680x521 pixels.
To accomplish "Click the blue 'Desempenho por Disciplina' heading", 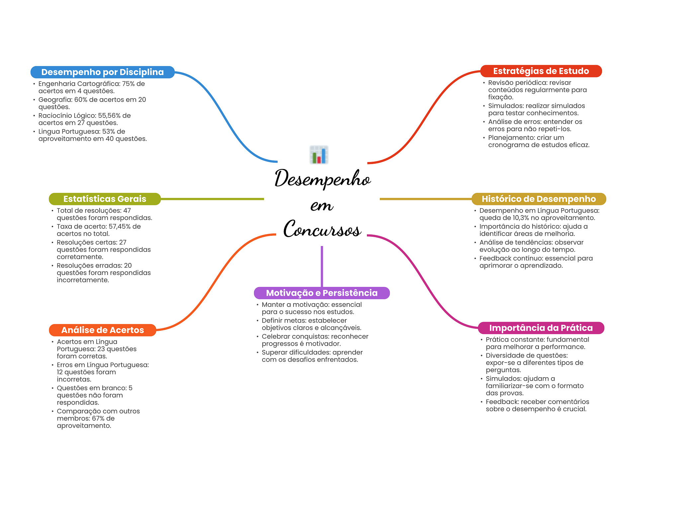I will click(102, 72).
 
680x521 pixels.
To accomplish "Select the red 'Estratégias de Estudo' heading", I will click(541, 71).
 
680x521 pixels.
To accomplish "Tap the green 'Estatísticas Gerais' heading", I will click(105, 199).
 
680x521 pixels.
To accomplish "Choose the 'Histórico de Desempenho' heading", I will click(539, 199).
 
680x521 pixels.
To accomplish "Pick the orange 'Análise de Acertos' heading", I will click(102, 330).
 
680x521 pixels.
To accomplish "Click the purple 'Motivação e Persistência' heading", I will click(321, 293).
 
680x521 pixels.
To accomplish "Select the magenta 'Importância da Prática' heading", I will click(541, 328).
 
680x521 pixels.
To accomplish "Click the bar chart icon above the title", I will click(319, 155).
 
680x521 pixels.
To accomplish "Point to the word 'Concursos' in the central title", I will click(322, 229).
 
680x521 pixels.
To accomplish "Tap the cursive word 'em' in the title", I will click(322, 205).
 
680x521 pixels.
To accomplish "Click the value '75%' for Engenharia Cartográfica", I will click(128, 84).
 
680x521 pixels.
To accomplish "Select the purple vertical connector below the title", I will click(322, 266).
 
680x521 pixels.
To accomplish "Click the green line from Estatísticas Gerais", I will click(212, 199).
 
